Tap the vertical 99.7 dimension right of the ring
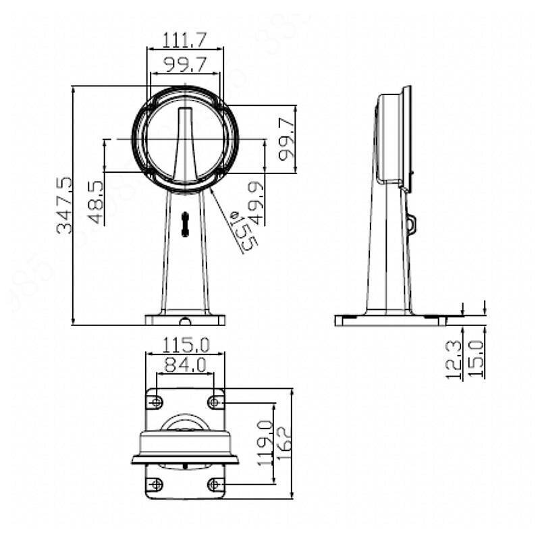[286, 138]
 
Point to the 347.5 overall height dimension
[64, 205]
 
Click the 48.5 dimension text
[96, 202]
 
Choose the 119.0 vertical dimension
[265, 443]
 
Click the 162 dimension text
[283, 443]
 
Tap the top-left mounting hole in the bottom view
[156, 402]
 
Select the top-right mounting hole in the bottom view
[215, 402]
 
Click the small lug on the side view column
[412, 223]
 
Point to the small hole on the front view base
[185, 320]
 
